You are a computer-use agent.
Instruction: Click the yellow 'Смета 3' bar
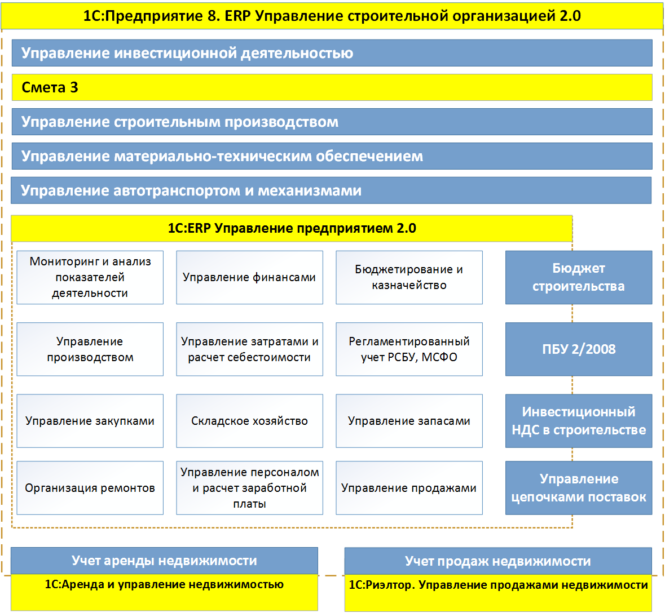pos(332,87)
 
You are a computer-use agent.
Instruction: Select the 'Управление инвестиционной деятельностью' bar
pos(332,53)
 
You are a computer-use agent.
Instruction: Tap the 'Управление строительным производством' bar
pos(332,122)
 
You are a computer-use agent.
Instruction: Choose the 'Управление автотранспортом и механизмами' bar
pos(331,190)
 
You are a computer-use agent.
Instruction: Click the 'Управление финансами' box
pos(249,277)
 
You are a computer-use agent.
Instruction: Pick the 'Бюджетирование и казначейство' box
pos(409,277)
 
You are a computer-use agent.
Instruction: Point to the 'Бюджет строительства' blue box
pos(579,277)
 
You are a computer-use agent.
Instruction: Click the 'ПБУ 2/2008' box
pos(579,349)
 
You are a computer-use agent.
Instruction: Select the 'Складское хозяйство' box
pos(249,421)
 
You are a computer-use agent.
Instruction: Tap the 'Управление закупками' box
pos(90,421)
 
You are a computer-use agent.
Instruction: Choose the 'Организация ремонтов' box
pos(90,487)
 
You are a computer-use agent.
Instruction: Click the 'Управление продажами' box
pos(409,487)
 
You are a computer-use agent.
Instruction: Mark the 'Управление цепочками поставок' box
pos(579,487)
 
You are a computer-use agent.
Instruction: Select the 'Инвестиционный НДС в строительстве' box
pos(579,421)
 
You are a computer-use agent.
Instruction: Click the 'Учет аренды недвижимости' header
pos(164,561)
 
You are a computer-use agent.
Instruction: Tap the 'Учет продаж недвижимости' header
pos(498,561)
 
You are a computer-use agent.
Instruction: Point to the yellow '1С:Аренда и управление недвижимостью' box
pos(164,592)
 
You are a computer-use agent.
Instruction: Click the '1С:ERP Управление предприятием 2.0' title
pos(292,228)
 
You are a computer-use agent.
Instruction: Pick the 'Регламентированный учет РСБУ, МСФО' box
pos(409,349)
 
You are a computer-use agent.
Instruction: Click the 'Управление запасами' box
pos(409,421)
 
